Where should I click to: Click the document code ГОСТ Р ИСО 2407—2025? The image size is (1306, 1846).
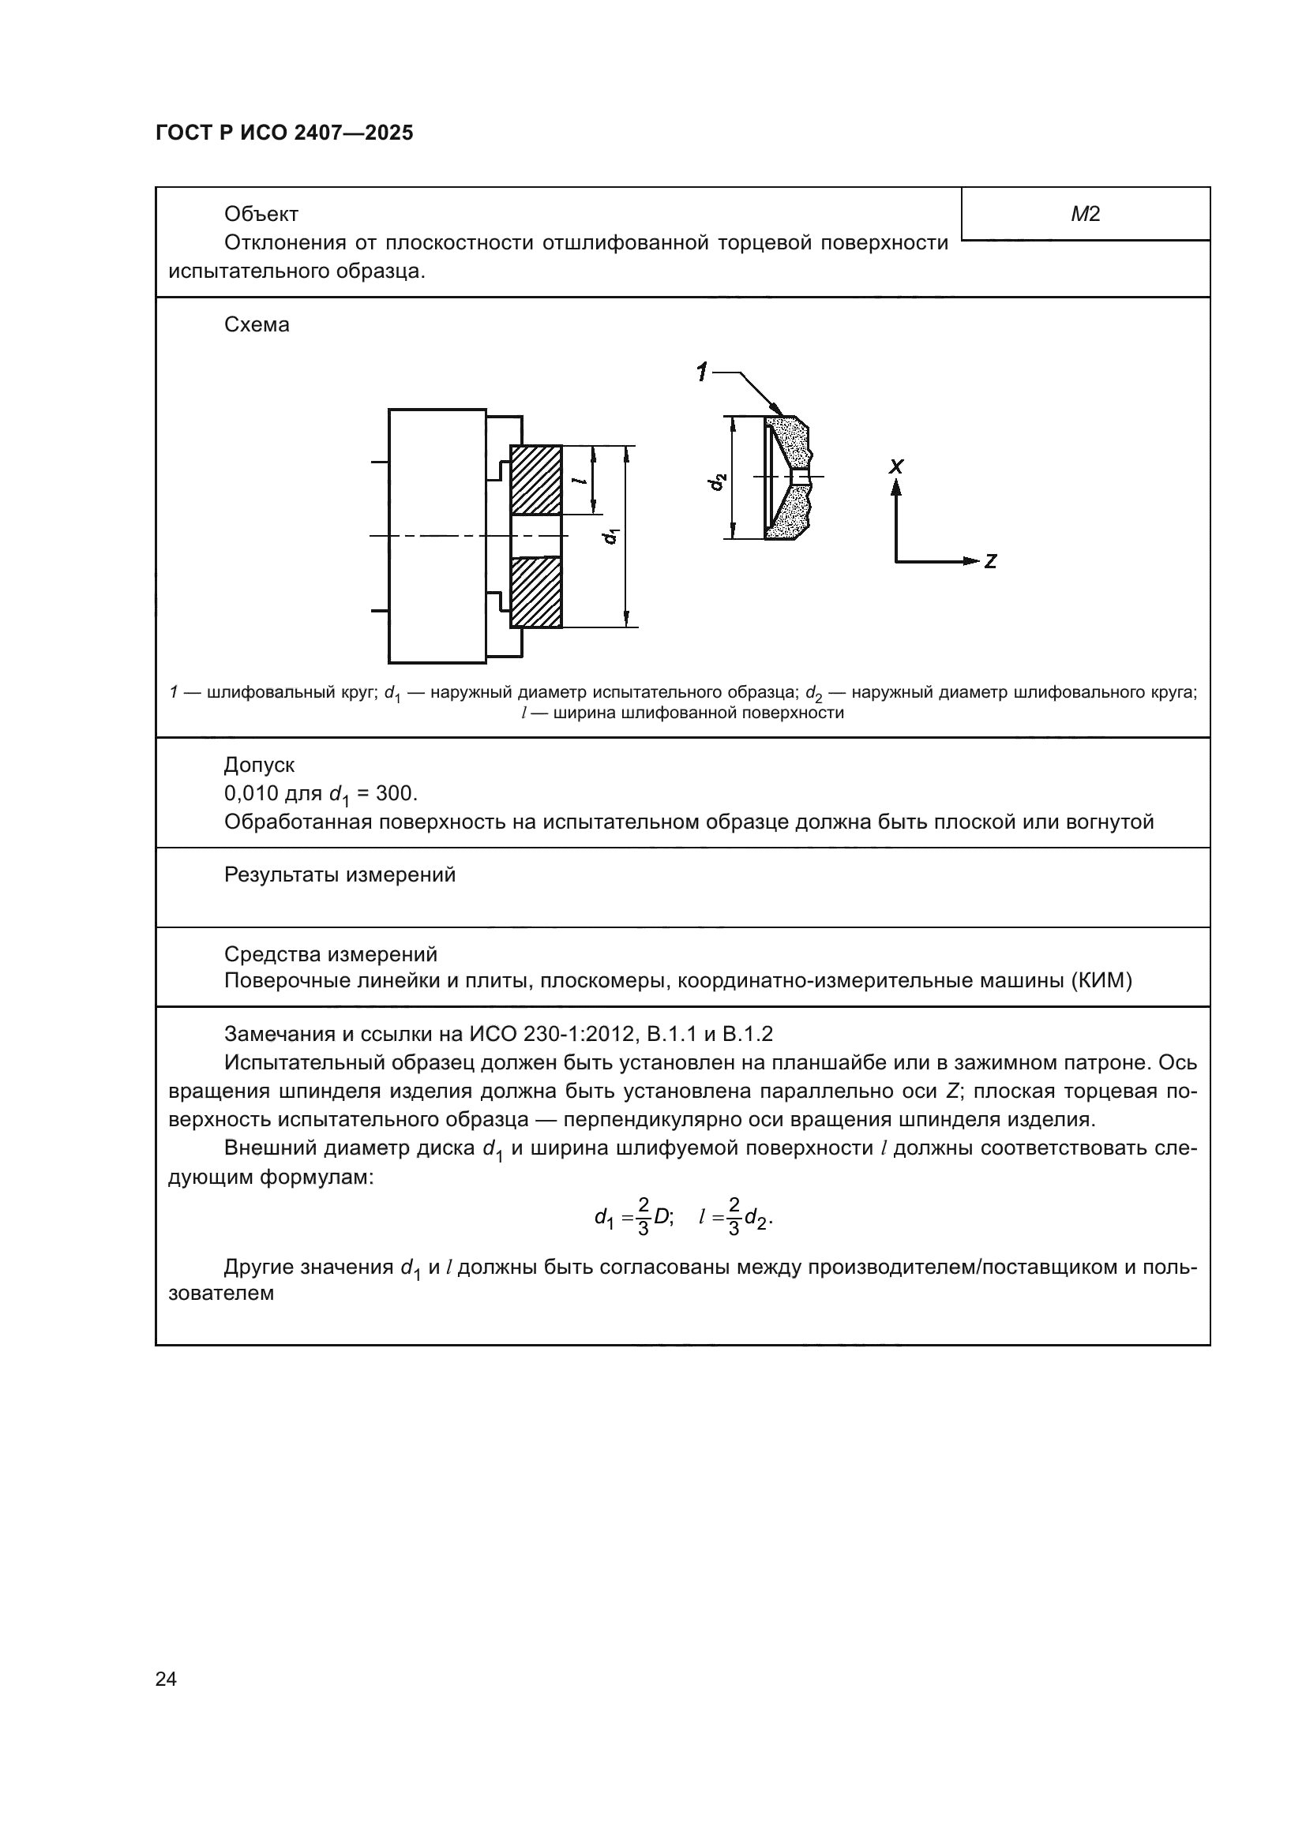tap(284, 133)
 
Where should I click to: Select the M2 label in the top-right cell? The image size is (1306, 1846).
tap(1085, 214)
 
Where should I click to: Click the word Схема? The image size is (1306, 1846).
tap(257, 325)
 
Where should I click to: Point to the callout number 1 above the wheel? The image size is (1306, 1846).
tap(702, 373)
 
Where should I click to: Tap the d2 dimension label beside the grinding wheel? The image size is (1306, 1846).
tap(717, 481)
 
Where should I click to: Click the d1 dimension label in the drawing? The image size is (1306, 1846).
tap(612, 534)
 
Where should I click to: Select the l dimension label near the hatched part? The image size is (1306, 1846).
tap(577, 481)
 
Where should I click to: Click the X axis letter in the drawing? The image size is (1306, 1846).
tap(897, 466)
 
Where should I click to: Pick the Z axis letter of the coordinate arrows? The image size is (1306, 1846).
tap(990, 561)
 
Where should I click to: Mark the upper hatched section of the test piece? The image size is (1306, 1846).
tap(536, 480)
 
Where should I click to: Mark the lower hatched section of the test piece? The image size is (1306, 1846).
tap(536, 592)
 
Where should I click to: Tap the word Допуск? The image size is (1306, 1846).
tap(259, 765)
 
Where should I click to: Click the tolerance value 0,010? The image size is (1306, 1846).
tap(250, 793)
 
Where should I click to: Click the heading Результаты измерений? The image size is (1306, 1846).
tap(340, 874)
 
